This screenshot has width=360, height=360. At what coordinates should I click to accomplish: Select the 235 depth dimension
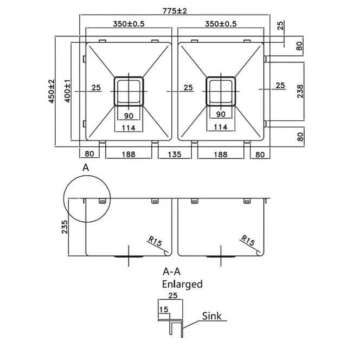click(65, 227)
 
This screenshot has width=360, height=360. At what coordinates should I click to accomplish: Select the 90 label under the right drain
click(221, 114)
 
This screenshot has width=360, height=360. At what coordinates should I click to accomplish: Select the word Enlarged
click(182, 284)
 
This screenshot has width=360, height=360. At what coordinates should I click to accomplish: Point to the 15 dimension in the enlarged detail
click(163, 309)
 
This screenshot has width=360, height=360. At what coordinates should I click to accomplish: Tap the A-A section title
click(172, 272)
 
